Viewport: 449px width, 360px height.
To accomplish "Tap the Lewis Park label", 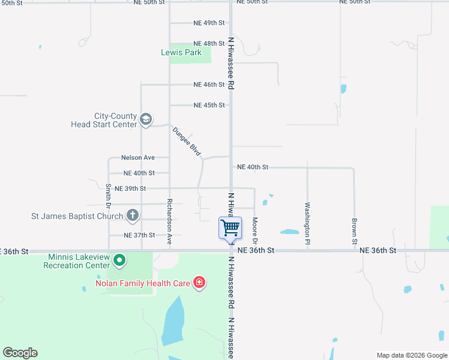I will pyautogui.click(x=181, y=52).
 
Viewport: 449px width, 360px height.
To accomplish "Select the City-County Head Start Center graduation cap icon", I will pyautogui.click(x=145, y=120).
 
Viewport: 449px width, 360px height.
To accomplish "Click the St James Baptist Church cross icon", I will pyautogui.click(x=133, y=215).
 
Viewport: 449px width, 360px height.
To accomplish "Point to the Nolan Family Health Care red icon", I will pyautogui.click(x=199, y=283).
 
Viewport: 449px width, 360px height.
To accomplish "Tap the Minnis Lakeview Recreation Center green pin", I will pyautogui.click(x=119, y=260).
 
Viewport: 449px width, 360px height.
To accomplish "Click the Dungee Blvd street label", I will pyautogui.click(x=186, y=142).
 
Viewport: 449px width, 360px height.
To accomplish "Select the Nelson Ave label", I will pyautogui.click(x=138, y=158).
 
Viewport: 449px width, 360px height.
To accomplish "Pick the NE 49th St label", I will pyautogui.click(x=209, y=23).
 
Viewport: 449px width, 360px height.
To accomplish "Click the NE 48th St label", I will pyautogui.click(x=209, y=44).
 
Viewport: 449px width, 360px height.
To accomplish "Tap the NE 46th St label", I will pyautogui.click(x=209, y=85).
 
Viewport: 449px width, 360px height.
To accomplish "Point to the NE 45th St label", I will pyautogui.click(x=209, y=105).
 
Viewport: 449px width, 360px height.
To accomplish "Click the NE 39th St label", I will pyautogui.click(x=130, y=188).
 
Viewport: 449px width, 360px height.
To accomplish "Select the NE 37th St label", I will pyautogui.click(x=139, y=235).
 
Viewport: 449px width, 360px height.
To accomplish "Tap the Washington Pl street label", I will pyautogui.click(x=307, y=219).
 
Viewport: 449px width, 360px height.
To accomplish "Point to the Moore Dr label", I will pyautogui.click(x=255, y=227).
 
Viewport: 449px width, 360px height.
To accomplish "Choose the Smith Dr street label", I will pyautogui.click(x=109, y=196).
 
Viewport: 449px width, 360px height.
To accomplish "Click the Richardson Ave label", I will pyautogui.click(x=170, y=222).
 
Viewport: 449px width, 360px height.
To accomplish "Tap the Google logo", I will pyautogui.click(x=20, y=353).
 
